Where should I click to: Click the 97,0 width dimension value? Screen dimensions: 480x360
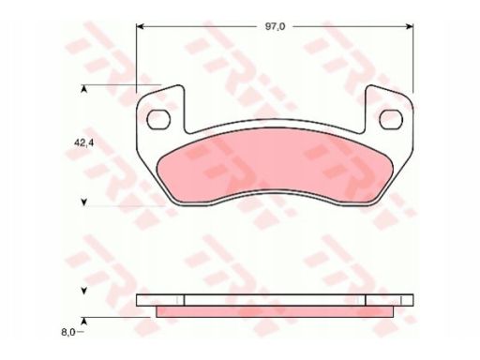[x=275, y=26]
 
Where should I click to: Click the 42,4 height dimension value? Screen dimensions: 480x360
[x=83, y=143]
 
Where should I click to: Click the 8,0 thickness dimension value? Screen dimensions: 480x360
[x=68, y=332]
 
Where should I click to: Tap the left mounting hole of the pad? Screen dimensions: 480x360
[x=158, y=119]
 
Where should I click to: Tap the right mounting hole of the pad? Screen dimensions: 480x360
[x=391, y=119]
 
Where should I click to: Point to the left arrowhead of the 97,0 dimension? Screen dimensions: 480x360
[x=140, y=26]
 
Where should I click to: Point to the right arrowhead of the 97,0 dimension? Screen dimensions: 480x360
[x=410, y=26]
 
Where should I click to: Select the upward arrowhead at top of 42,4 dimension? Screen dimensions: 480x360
[x=83, y=89]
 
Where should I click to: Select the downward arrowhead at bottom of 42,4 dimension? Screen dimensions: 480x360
[x=83, y=202]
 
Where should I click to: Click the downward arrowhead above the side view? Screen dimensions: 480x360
[x=83, y=291]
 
